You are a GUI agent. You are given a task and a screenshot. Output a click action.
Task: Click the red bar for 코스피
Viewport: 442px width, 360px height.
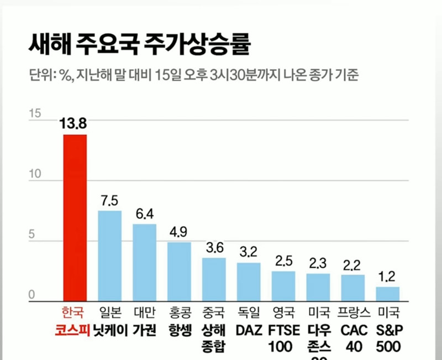point(75,218)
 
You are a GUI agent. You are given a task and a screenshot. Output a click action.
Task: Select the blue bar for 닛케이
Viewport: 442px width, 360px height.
point(109,256)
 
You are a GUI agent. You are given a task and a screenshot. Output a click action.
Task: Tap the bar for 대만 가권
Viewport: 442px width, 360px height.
point(144,263)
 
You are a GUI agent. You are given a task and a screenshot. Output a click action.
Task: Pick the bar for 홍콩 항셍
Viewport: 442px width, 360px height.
point(179,272)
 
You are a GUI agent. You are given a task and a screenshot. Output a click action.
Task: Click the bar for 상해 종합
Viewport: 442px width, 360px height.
point(214,280)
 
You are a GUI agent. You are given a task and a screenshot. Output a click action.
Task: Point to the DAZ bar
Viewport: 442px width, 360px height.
point(249,282)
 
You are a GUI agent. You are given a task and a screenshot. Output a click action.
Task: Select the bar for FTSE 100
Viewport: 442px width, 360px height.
point(283,286)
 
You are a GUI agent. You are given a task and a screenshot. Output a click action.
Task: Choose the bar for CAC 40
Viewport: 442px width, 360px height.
point(352,288)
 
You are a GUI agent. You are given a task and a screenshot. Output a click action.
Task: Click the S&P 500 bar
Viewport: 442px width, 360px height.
point(387,294)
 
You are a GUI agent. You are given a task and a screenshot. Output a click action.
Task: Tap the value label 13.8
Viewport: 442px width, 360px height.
point(73,124)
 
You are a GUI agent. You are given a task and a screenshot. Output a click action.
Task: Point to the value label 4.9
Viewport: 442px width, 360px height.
point(179,232)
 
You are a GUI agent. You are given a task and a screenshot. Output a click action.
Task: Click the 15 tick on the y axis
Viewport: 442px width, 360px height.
point(35,114)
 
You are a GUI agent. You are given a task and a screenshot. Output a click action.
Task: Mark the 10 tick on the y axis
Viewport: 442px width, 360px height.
point(35,174)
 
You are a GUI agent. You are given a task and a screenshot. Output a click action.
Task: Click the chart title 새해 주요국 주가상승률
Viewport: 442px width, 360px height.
point(139,45)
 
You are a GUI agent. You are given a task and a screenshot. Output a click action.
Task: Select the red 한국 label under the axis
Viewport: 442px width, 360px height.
point(73,314)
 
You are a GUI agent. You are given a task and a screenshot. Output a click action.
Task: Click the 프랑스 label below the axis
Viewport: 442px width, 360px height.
point(352,314)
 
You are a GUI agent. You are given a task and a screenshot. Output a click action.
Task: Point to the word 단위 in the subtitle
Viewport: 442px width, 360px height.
point(39,75)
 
